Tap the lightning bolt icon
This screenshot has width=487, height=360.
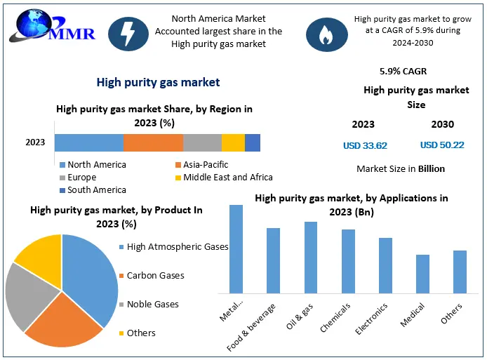tap(128, 33)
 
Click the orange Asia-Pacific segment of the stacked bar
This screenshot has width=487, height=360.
tap(153, 142)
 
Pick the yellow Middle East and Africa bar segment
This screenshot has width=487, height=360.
tap(233, 142)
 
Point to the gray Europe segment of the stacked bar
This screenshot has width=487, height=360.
tap(202, 142)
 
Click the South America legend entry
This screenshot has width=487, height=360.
tap(93, 190)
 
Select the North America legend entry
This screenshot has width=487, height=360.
tap(93, 165)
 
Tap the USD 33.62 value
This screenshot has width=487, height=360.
tap(365, 146)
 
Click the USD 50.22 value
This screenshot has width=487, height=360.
tap(442, 145)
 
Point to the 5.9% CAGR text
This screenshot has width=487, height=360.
tap(403, 72)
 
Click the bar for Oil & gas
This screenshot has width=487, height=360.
tap(310, 257)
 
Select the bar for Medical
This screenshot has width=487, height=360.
tap(422, 273)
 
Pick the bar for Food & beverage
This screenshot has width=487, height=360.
tap(273, 260)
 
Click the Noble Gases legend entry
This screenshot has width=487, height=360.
tap(151, 305)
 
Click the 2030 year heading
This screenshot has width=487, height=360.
tap(442, 125)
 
